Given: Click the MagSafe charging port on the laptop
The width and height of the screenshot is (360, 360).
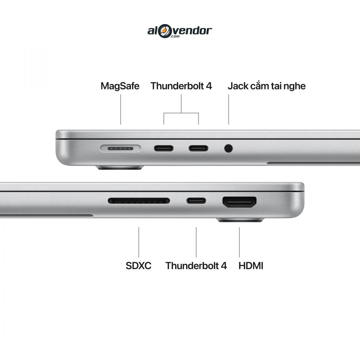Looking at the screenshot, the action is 120,148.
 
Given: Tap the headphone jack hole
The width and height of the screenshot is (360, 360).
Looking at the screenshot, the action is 228,148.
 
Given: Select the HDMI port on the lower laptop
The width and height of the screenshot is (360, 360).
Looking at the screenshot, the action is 239,202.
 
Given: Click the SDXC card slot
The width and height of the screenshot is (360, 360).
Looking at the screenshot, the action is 139,201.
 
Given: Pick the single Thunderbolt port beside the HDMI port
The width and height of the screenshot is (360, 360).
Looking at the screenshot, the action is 196,201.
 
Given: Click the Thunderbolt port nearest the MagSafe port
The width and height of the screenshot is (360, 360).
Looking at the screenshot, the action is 164,148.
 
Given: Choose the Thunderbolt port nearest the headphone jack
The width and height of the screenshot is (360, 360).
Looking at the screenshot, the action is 198,148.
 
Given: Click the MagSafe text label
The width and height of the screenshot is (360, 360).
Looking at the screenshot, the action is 120,86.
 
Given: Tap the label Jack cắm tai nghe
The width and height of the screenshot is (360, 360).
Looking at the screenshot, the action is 267,86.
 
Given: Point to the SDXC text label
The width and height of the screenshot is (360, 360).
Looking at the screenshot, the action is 138,266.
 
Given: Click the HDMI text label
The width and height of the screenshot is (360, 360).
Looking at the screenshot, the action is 251,266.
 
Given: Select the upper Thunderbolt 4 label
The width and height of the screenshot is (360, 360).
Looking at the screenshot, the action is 181,86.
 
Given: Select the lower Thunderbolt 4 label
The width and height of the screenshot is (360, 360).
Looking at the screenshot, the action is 196,266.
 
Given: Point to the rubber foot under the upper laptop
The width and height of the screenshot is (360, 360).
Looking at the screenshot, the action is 120,168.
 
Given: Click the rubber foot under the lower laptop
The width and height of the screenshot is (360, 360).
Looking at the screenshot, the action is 241,220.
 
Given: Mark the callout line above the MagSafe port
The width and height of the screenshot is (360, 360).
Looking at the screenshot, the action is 121,109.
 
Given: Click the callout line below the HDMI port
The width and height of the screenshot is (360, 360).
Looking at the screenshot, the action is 239,242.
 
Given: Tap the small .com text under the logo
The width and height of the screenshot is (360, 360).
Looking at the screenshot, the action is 175,36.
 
